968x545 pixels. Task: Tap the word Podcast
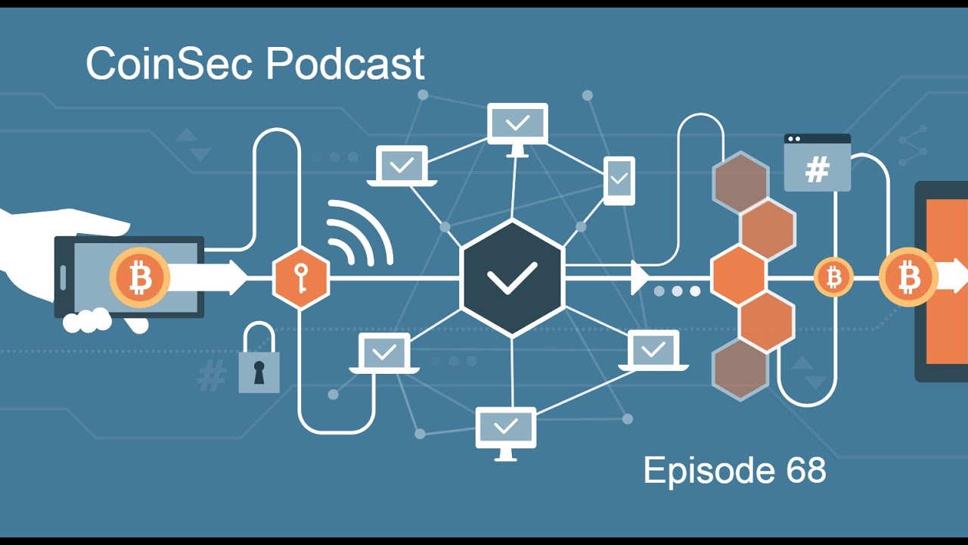click(x=346, y=64)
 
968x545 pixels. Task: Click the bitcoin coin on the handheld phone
click(x=139, y=278)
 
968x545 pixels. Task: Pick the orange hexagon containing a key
click(x=301, y=278)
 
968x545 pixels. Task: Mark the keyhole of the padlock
click(x=259, y=372)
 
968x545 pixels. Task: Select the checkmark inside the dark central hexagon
click(x=512, y=279)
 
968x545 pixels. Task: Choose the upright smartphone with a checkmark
click(x=619, y=180)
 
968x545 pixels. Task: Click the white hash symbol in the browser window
click(x=818, y=170)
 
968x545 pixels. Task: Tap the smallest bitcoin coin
click(x=833, y=278)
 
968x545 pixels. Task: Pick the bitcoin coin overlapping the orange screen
click(x=908, y=278)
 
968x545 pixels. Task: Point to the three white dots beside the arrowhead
click(x=677, y=291)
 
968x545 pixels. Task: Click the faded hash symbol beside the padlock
click(x=212, y=375)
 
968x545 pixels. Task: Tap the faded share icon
click(x=913, y=146)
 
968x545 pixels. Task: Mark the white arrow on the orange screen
click(x=953, y=276)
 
